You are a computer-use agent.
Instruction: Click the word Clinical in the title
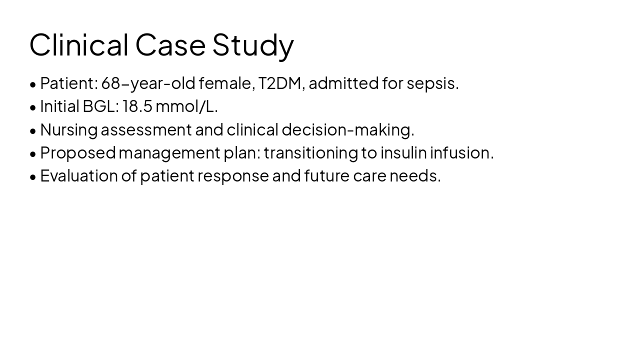(79, 44)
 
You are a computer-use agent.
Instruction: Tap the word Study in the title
(253, 44)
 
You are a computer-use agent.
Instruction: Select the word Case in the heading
(170, 44)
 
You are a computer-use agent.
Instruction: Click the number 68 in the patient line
(110, 83)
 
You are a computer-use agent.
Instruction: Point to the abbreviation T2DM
(279, 83)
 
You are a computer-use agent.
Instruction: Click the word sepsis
(432, 83)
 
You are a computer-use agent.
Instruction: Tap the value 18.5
(137, 106)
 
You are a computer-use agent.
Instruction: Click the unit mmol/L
(186, 106)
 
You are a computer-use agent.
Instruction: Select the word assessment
(146, 130)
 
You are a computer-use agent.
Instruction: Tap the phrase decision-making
(347, 130)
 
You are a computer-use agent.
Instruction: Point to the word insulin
(403, 153)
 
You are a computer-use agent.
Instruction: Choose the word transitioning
(310, 153)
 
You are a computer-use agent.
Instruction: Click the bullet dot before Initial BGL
(33, 107)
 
